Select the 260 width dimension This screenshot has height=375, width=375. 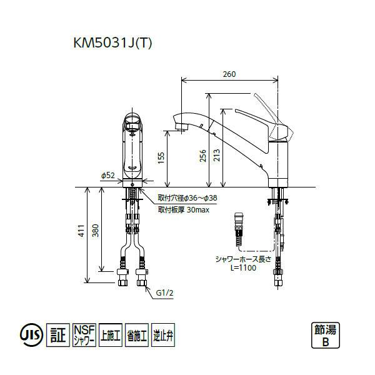click(x=229, y=74)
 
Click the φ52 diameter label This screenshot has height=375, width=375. click(x=107, y=176)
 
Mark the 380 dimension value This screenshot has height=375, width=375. click(x=95, y=232)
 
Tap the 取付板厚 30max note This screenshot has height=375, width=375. click(x=183, y=211)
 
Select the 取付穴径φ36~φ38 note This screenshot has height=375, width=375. click(x=187, y=198)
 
